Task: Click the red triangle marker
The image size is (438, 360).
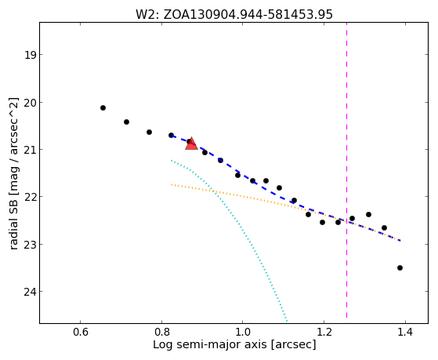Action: point(191,144)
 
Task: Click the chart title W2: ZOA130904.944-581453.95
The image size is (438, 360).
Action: point(234,14)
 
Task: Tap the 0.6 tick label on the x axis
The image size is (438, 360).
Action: point(81,333)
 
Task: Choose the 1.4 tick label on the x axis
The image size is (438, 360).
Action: point(405,333)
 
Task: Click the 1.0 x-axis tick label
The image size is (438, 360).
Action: point(242,333)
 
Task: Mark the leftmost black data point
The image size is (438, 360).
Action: point(103,107)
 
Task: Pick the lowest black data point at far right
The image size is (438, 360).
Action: point(400,267)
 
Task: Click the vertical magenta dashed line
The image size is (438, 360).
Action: point(346,170)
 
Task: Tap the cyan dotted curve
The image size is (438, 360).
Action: point(241,226)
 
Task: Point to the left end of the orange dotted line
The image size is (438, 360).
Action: point(172,184)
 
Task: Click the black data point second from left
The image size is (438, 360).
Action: point(126,122)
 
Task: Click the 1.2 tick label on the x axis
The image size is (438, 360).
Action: point(324,333)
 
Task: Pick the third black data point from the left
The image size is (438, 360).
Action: point(149,132)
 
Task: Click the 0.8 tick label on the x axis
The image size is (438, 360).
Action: point(161,333)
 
